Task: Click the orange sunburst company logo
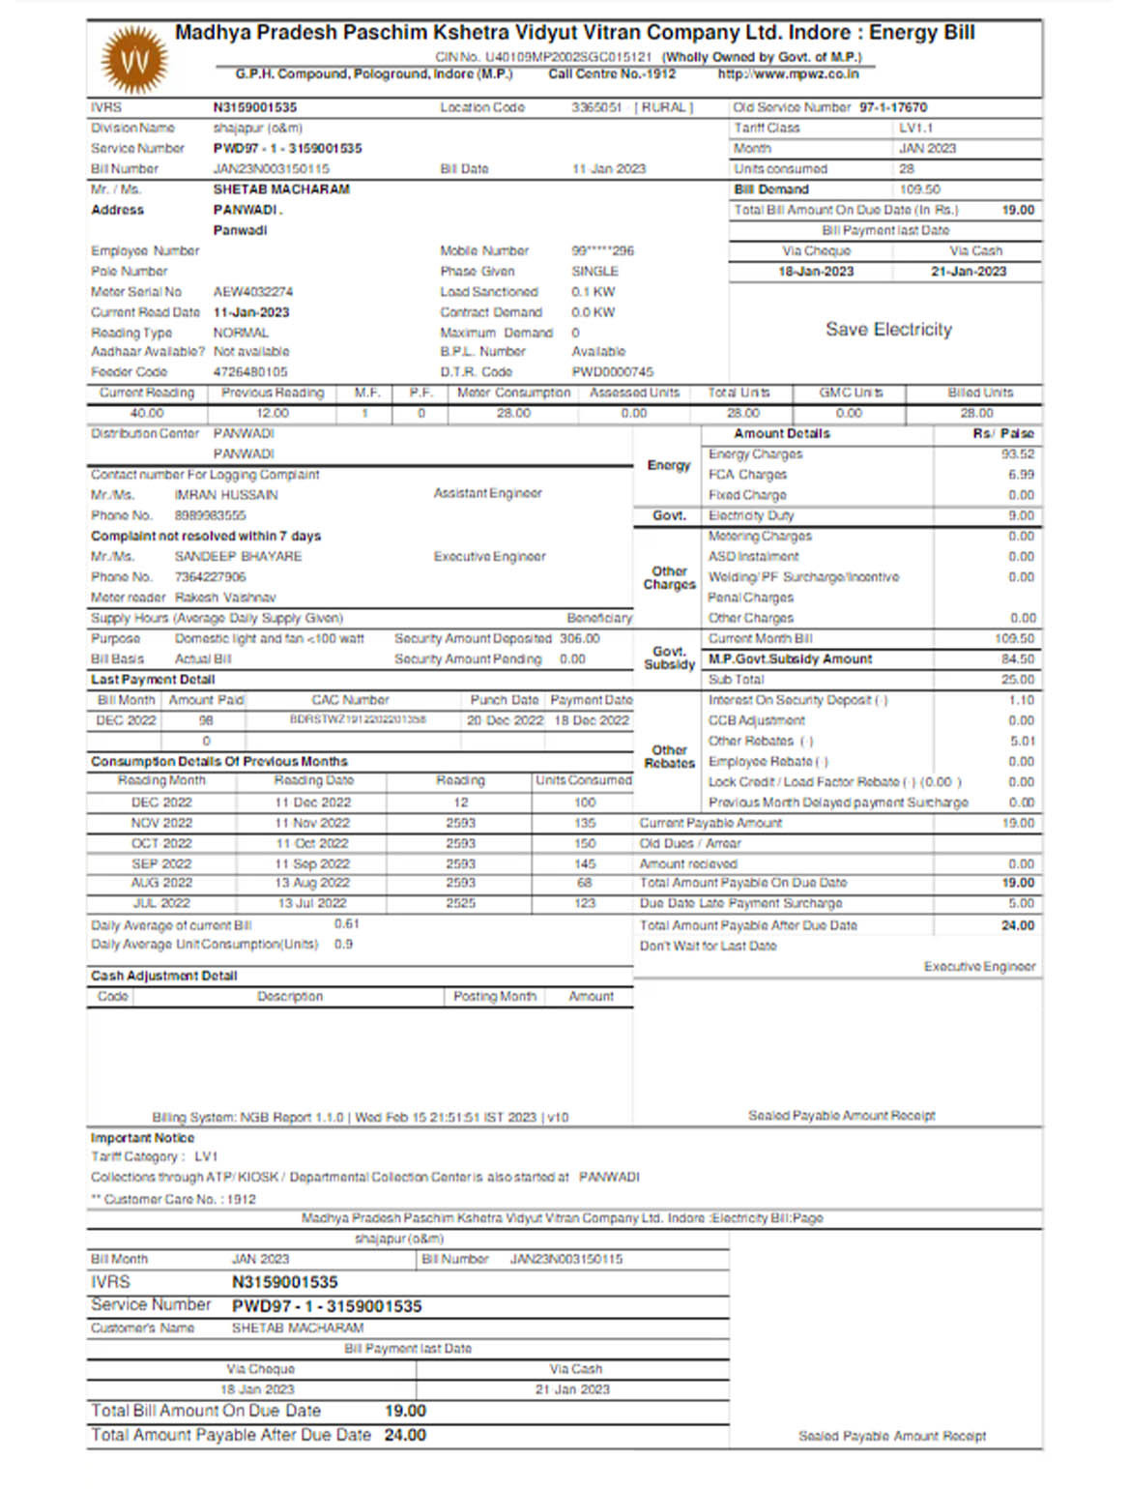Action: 134,60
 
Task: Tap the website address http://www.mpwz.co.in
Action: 788,74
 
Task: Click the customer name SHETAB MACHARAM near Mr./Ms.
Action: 281,190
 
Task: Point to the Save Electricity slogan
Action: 888,330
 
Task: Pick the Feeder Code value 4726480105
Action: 250,372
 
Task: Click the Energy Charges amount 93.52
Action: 1018,454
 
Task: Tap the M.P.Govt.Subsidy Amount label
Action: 790,659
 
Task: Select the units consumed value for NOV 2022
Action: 585,824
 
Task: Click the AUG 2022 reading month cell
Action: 161,884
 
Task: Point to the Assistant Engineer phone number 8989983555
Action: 210,516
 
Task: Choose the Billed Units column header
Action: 980,394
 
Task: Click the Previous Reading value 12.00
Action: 273,414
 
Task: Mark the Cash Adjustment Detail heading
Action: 163,977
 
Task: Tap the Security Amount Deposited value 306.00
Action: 580,639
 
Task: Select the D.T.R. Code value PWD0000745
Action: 612,372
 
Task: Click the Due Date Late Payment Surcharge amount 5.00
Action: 1022,904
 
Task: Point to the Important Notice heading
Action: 142,1138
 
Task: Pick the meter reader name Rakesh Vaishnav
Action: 225,599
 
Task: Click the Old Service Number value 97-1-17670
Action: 893,108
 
